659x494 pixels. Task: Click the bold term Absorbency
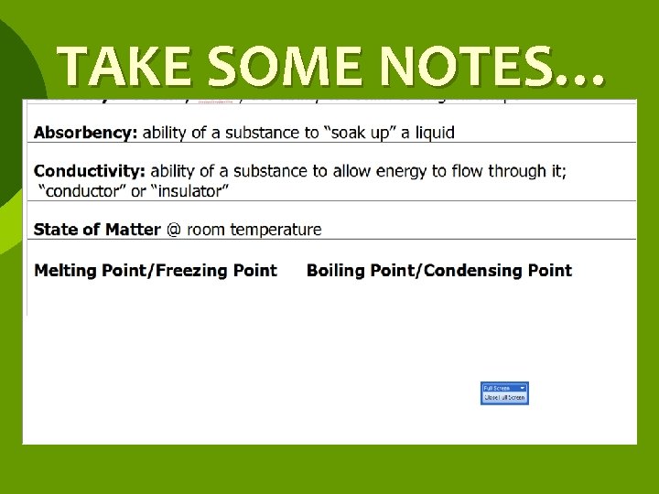click(85, 133)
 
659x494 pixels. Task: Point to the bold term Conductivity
click(89, 171)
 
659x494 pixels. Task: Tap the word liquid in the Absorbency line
click(434, 133)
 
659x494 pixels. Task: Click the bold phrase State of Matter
click(97, 230)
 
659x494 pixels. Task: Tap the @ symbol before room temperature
click(173, 230)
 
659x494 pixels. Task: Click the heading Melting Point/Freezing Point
click(155, 271)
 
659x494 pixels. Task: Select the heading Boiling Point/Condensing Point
click(438, 271)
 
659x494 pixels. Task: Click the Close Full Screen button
click(504, 398)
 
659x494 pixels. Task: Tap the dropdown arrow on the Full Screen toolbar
click(522, 388)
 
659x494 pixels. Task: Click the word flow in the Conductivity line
click(448, 171)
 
